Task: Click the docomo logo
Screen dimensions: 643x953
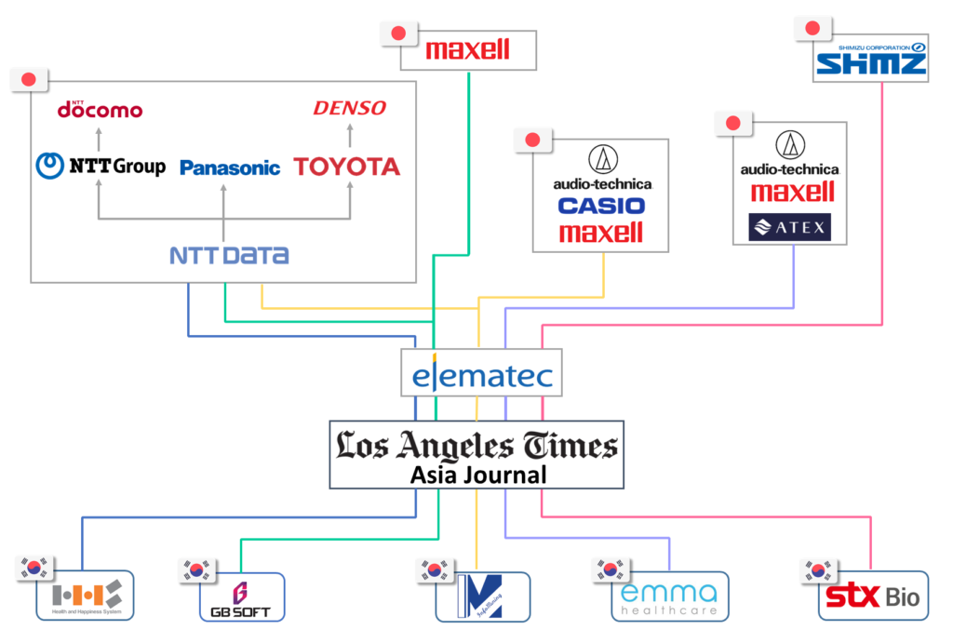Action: coord(100,110)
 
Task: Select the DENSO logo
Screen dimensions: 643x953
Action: coord(349,109)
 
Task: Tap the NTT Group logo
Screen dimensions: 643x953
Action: coord(101,167)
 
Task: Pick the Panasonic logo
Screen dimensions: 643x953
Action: coord(230,168)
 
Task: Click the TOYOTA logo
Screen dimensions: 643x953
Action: coord(347,167)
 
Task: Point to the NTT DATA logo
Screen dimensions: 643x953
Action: coord(229,254)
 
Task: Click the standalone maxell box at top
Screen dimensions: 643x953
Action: coord(468,50)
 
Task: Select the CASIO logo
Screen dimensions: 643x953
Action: coord(600,207)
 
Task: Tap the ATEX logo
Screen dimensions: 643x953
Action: coord(789,227)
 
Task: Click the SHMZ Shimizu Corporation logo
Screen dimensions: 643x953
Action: coord(870,60)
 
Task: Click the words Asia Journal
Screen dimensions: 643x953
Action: coord(477,476)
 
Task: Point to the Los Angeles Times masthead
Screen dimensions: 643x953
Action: coord(476,446)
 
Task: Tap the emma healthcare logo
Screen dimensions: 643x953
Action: coord(669,597)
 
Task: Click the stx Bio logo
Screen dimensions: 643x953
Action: coord(873,596)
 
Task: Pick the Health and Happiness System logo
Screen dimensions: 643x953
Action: coord(86,596)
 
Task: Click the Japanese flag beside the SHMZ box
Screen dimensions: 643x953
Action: coord(812,27)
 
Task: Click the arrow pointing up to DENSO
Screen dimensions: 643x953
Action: coord(350,136)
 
